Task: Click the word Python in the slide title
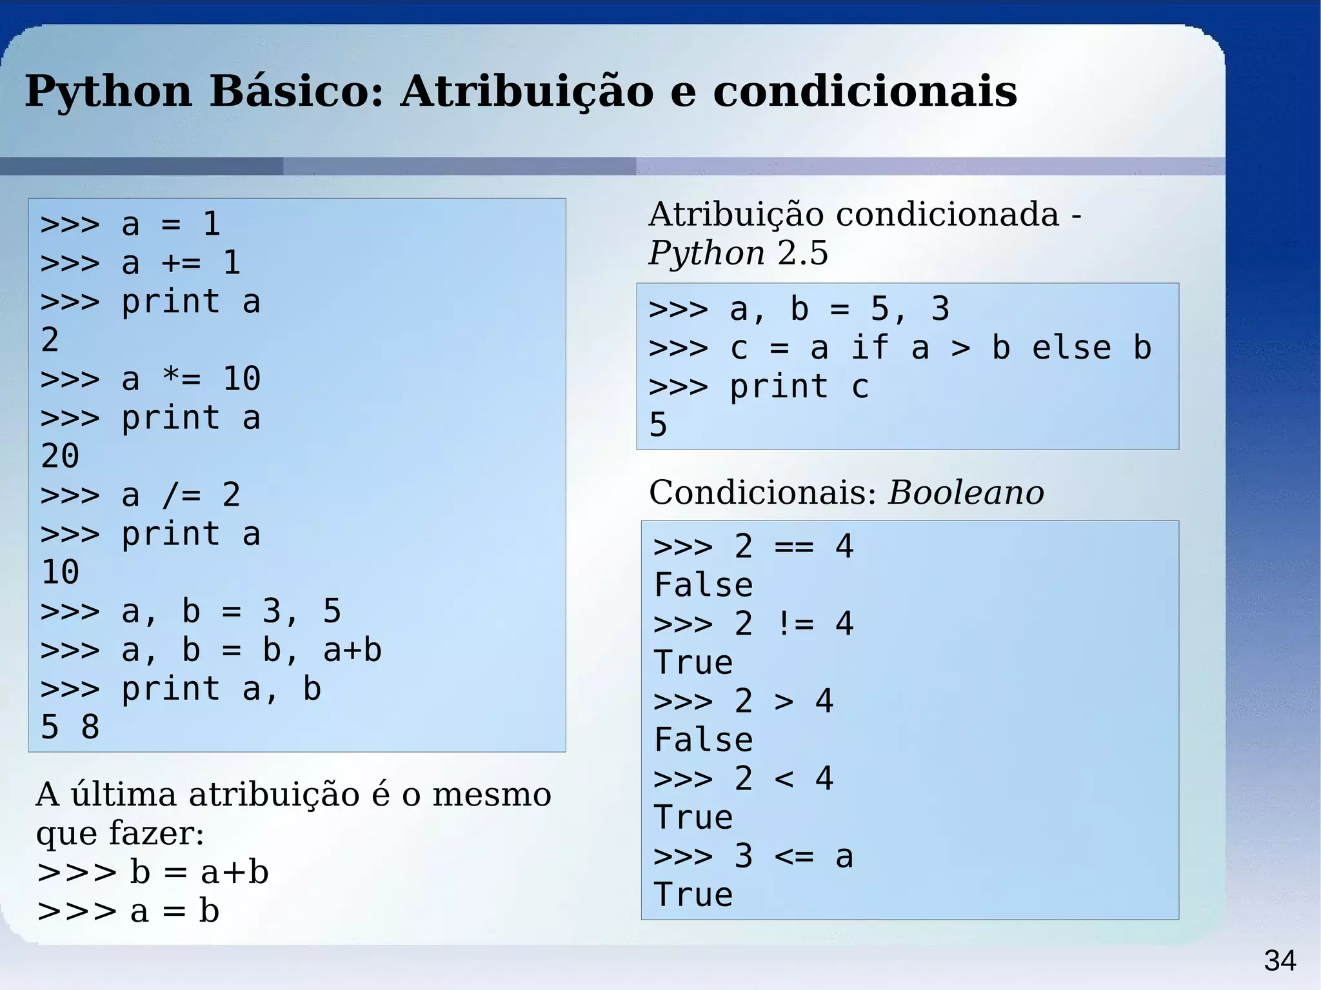tap(108, 92)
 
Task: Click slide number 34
tap(1280, 961)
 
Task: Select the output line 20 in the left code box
tap(60, 456)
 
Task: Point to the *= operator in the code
tap(181, 379)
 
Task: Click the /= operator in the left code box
tap(181, 495)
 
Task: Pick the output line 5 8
tap(70, 727)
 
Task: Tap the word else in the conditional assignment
tap(1071, 348)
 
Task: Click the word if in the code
tap(869, 348)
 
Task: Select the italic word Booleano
tap(966, 493)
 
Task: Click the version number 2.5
tap(802, 253)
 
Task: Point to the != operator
tap(795, 624)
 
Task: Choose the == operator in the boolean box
tap(795, 546)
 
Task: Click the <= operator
tap(795, 856)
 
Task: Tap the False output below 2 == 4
tap(703, 585)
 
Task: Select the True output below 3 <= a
tap(693, 895)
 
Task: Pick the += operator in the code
tap(181, 263)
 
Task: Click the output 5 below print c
tap(658, 425)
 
